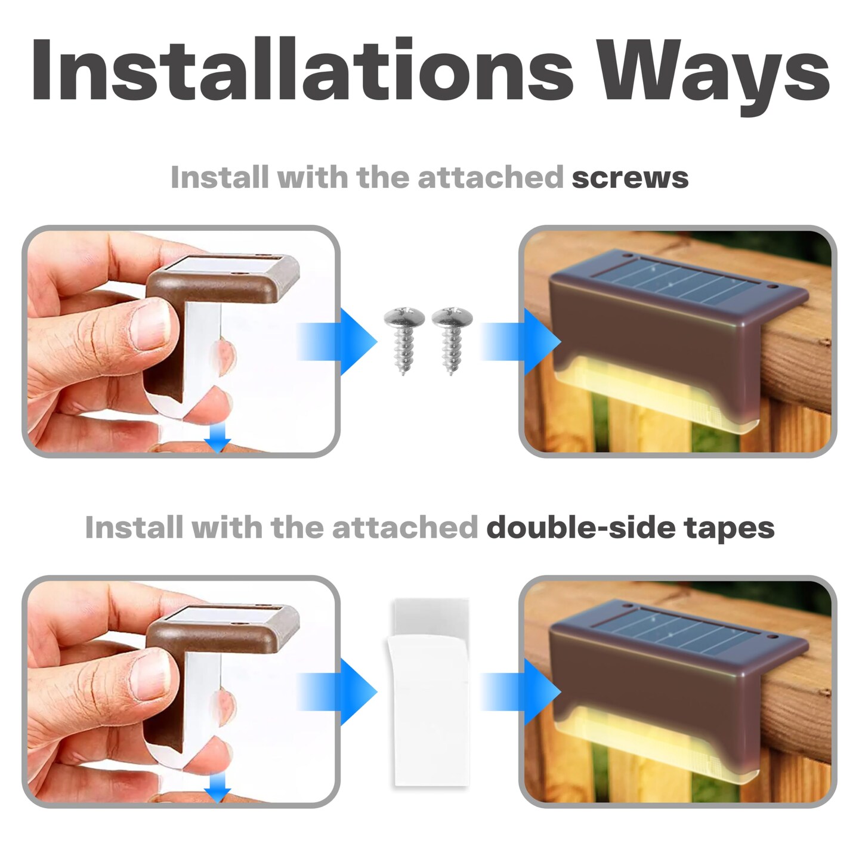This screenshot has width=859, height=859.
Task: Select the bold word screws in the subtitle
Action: tap(630, 178)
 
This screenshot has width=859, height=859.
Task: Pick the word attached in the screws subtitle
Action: tap(490, 178)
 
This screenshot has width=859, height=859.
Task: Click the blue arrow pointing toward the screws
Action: tap(340, 342)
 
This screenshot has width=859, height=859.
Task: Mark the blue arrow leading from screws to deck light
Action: tap(523, 342)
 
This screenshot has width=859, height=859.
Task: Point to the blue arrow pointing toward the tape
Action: tap(340, 692)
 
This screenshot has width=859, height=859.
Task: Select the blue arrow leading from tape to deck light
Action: tap(523, 692)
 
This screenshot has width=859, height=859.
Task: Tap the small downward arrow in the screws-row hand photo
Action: tap(217, 440)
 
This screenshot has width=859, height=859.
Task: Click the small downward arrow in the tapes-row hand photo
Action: tap(217, 790)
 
